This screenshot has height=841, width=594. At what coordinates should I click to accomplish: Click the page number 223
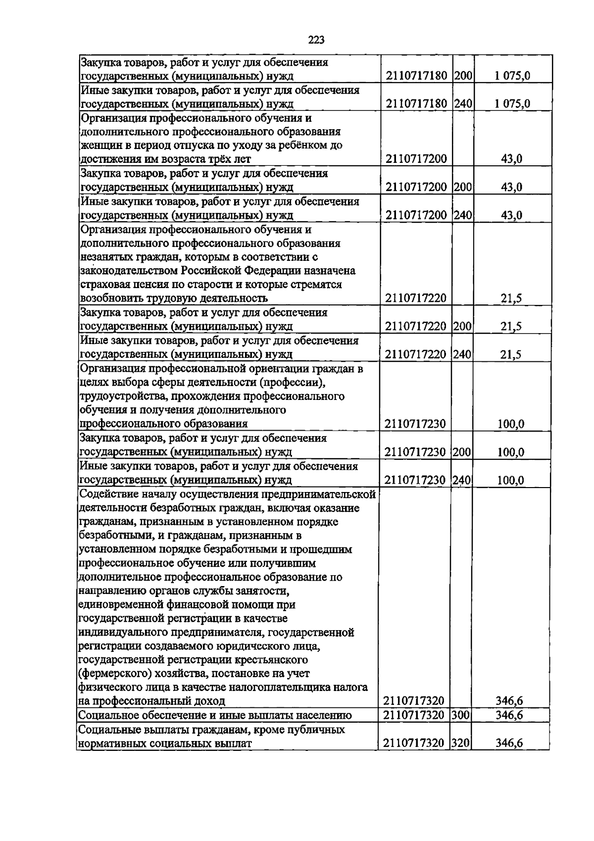pos(316,40)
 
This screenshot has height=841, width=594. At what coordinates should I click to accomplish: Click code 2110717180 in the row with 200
pos(416,76)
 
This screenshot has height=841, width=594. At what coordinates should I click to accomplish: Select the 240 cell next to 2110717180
pos(463,103)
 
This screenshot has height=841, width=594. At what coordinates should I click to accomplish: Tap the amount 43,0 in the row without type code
pos(512,159)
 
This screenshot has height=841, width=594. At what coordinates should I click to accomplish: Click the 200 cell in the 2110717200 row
pos(463,187)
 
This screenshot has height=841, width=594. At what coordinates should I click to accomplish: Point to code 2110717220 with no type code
pos(416,298)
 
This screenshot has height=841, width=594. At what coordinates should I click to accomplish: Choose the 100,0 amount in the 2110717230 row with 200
pos(511,452)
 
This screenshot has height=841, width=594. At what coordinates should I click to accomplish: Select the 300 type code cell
pos(461,715)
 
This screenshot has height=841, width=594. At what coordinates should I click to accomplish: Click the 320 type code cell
pos(461,742)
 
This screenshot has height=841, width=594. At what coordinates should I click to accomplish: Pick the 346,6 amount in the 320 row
pos(509,742)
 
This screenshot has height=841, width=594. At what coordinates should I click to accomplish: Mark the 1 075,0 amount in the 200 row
pos(512,76)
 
